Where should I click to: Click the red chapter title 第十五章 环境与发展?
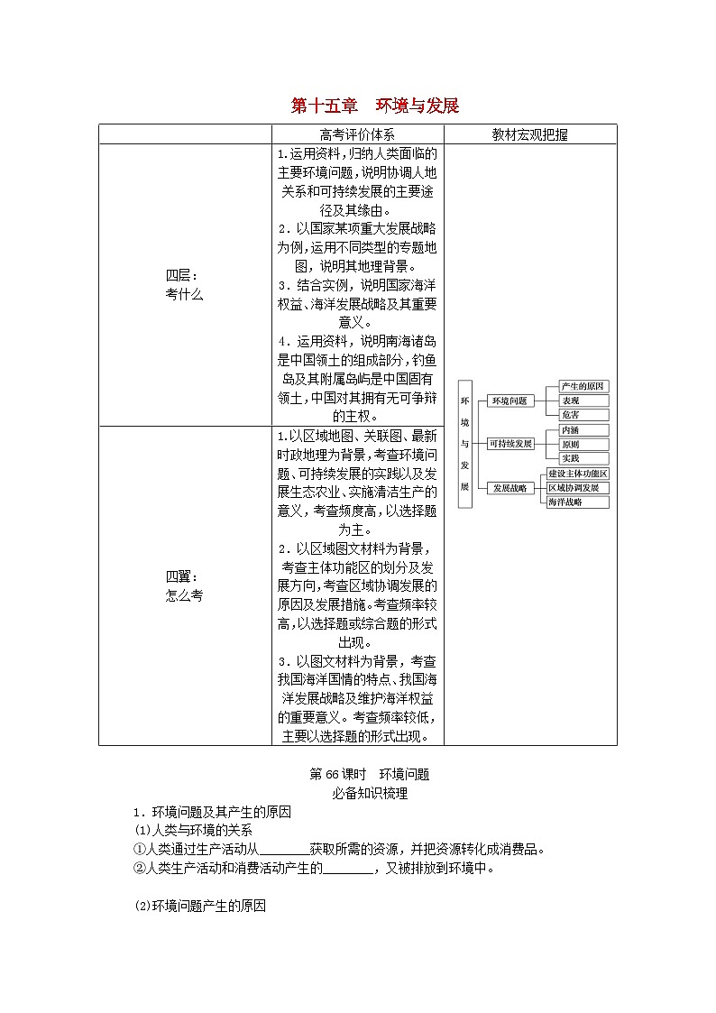click(x=374, y=106)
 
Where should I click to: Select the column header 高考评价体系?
click(x=357, y=134)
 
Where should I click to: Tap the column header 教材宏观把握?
click(x=530, y=134)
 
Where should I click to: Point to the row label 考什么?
click(x=184, y=294)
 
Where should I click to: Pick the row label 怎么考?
click(x=184, y=595)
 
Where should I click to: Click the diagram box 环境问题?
click(x=509, y=401)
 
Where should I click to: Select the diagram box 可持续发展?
click(x=510, y=444)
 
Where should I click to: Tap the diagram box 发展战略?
click(x=509, y=488)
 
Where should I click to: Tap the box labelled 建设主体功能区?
click(x=578, y=474)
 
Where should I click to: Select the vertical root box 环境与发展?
click(x=465, y=443)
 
